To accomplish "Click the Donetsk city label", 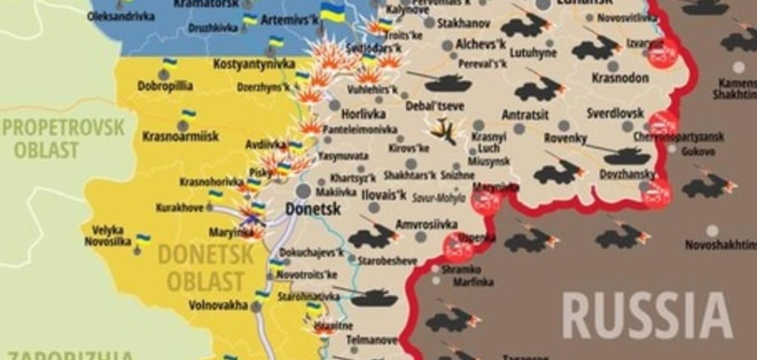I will (x=313, y=209).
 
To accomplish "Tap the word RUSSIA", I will (x=647, y=315).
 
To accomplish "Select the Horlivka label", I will (x=363, y=114).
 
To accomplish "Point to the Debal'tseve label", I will (x=435, y=106).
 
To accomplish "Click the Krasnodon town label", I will (x=620, y=78).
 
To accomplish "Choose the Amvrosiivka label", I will (x=426, y=224).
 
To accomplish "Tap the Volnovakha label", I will (x=218, y=305).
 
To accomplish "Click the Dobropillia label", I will (x=165, y=86).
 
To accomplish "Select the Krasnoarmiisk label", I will (x=180, y=136).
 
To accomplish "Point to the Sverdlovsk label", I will (x=615, y=114).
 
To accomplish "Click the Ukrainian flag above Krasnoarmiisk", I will (x=189, y=115).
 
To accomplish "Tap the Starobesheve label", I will (x=387, y=261).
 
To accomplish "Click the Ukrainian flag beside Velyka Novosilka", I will (x=143, y=238).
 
